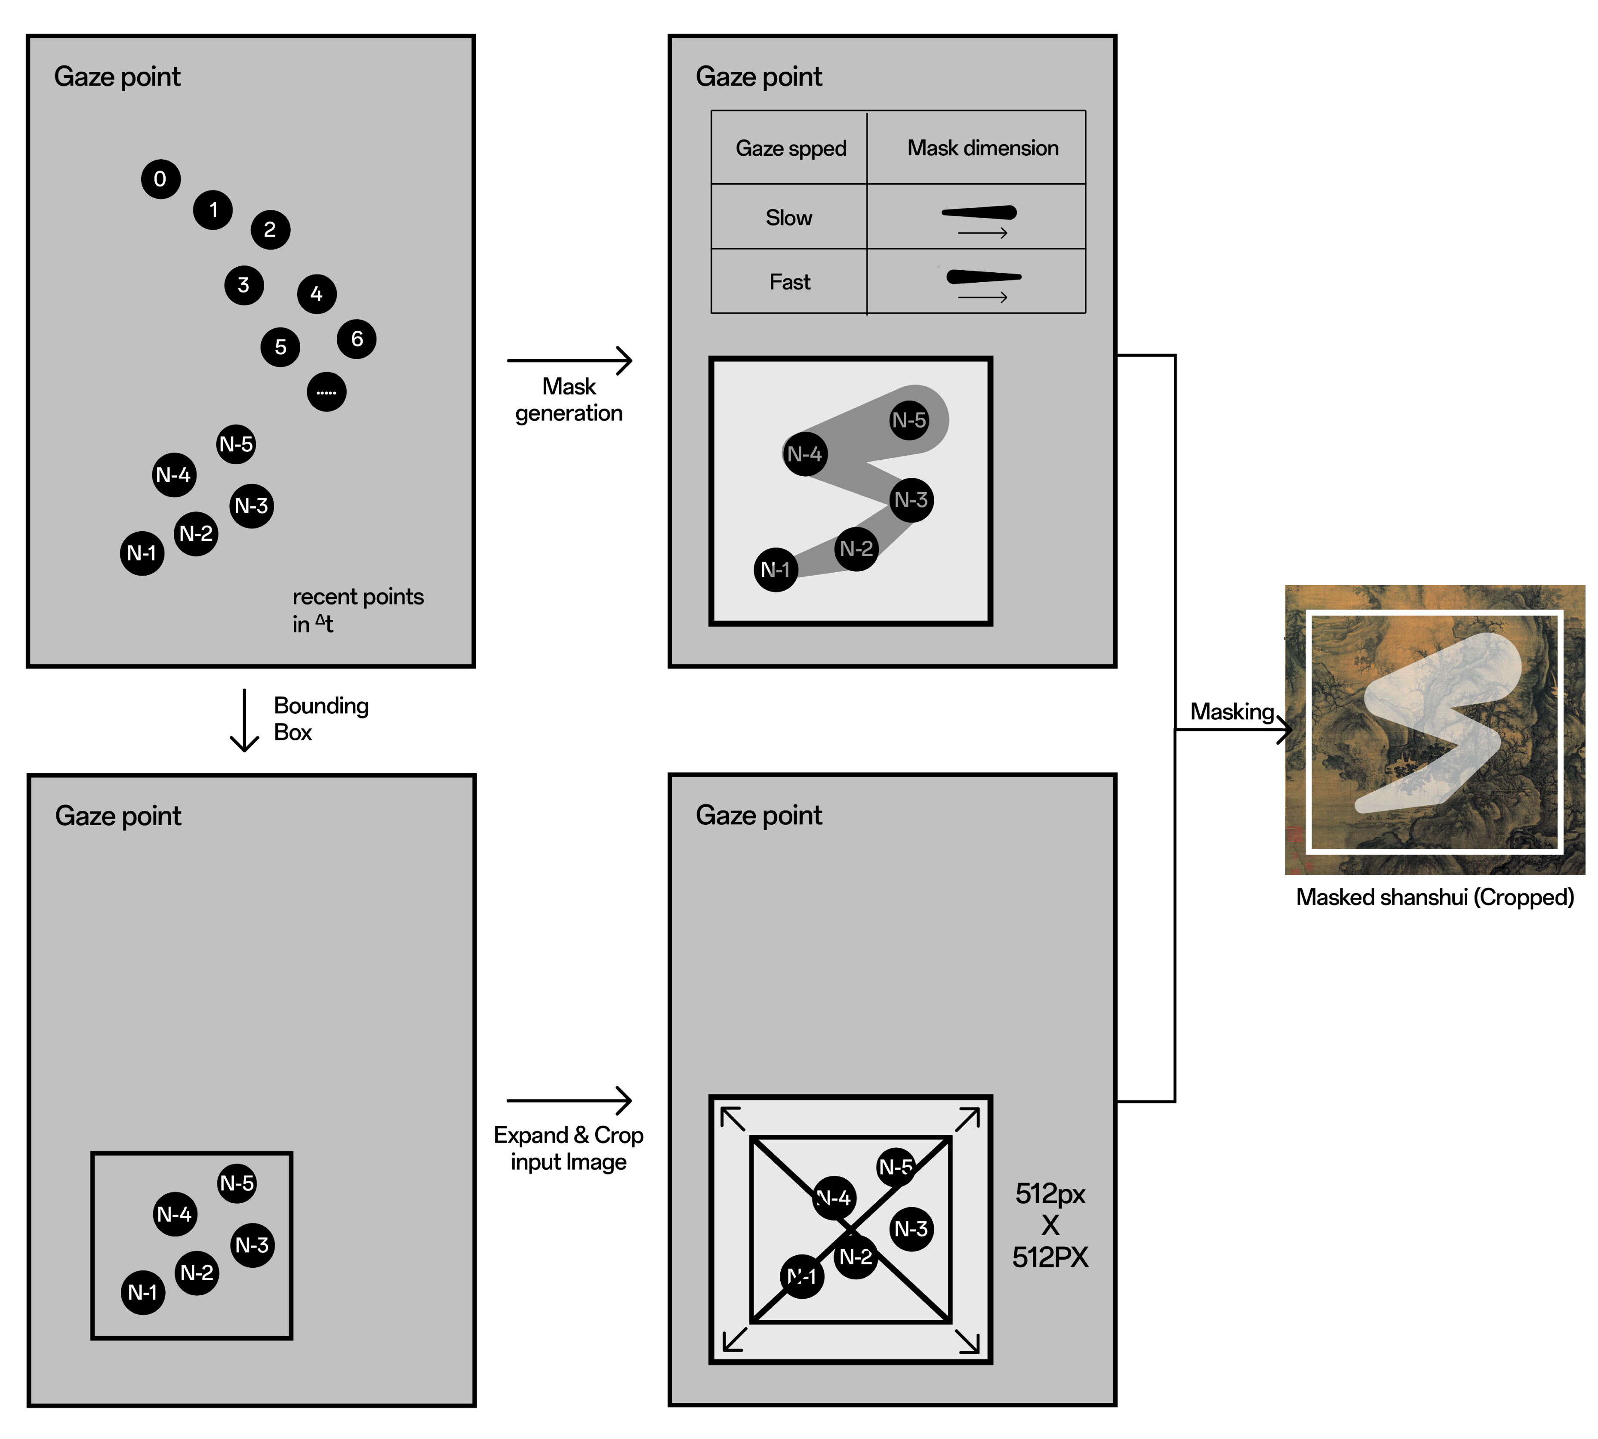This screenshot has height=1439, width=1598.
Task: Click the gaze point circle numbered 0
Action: coord(160,179)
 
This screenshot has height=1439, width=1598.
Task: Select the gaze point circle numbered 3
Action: coord(243,285)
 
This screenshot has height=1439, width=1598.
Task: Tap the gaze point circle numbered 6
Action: coord(357,339)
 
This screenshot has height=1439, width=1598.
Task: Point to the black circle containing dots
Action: coord(326,391)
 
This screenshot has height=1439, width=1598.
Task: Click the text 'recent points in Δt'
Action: coord(357,610)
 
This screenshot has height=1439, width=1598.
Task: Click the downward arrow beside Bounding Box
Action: coord(244,719)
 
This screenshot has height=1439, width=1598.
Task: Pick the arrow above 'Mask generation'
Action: coord(570,361)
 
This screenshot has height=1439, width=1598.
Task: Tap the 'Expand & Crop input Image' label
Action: coord(569,1148)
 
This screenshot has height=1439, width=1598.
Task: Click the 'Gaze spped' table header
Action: coord(791,148)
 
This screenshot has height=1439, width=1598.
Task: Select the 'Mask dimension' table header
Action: coord(983,148)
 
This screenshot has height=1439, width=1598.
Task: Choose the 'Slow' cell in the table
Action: coord(788,217)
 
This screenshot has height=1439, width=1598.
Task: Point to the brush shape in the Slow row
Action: coord(979,213)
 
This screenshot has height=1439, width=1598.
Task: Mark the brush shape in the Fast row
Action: coord(984,277)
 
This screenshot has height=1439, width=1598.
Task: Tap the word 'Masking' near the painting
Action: coord(1232,712)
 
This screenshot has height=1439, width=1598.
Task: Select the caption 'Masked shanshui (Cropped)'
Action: coord(1434,897)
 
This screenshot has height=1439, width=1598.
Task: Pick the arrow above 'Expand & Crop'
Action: coord(570,1100)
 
